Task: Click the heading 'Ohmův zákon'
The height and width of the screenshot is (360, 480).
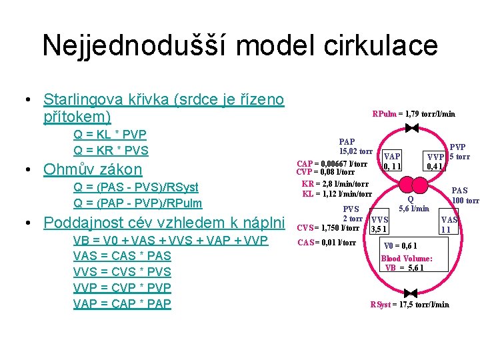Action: point(93,169)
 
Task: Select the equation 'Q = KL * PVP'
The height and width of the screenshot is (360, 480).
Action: point(111,135)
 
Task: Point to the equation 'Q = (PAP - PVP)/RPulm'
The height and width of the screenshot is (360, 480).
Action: point(137,203)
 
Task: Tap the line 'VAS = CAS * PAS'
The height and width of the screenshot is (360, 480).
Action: point(122,255)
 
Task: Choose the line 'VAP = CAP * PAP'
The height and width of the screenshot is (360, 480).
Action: point(122,303)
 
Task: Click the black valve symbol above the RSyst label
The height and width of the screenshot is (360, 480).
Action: point(411,293)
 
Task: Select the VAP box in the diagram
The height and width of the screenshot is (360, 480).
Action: point(392,160)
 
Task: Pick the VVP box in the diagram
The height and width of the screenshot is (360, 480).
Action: point(436,160)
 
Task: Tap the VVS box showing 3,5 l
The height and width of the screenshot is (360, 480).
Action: point(379,225)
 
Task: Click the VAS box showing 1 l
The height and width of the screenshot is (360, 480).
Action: point(449,225)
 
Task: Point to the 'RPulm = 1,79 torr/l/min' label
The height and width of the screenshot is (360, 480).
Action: point(413,114)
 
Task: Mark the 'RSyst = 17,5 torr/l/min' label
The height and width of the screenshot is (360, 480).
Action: point(409,305)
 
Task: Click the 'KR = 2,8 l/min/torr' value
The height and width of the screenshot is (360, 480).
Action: point(335,184)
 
